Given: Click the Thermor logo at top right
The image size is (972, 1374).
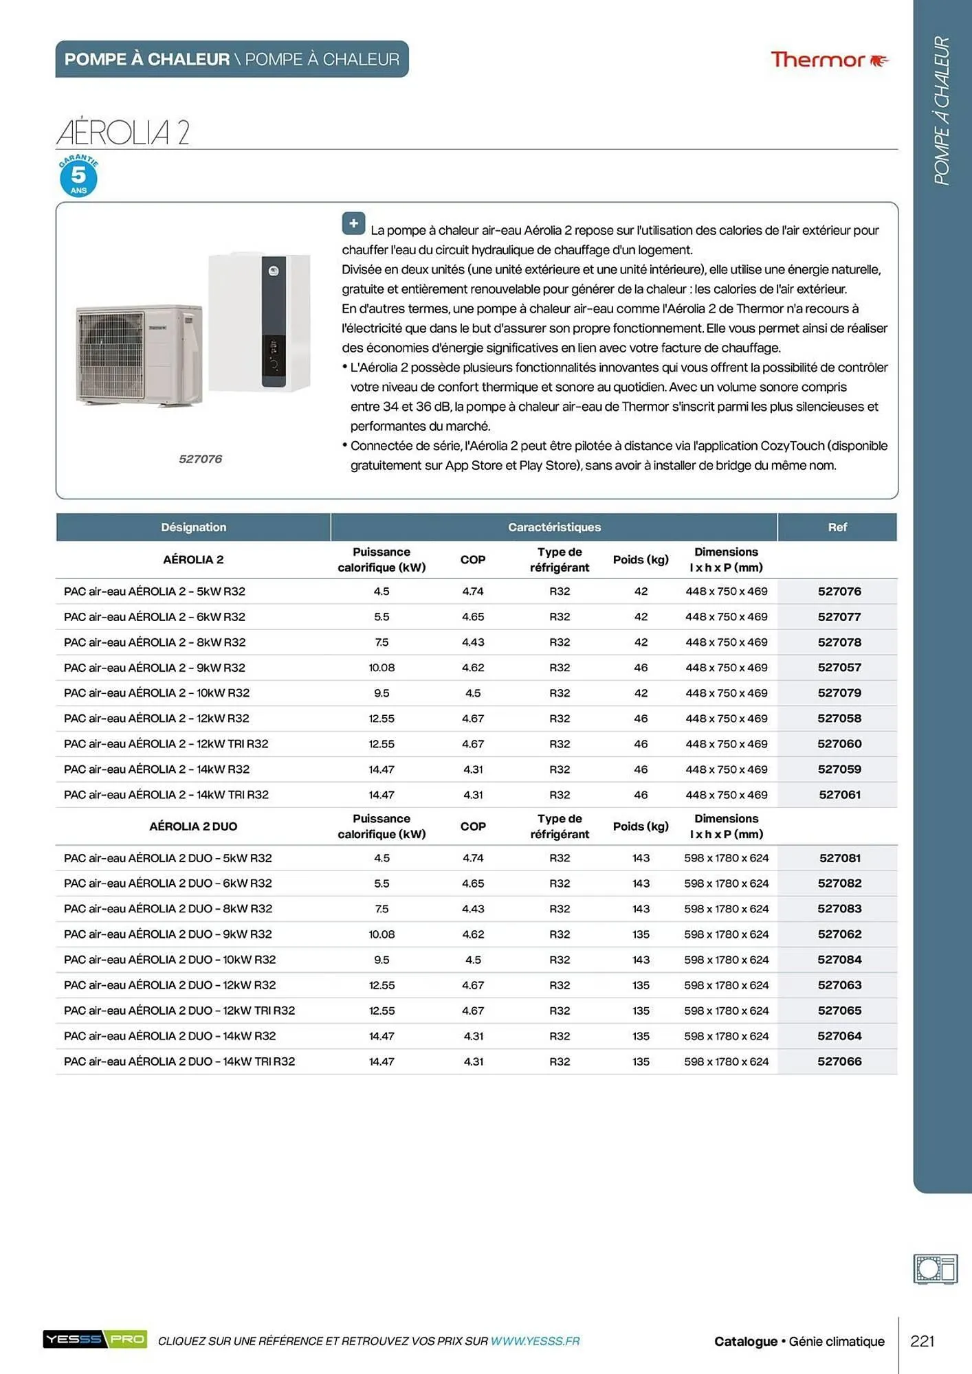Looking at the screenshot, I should click(x=828, y=60).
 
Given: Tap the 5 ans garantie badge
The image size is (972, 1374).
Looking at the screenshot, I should click(x=78, y=177).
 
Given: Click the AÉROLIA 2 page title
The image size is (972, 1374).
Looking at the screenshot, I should click(x=123, y=132).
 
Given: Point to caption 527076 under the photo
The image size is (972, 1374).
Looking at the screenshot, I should click(x=200, y=459).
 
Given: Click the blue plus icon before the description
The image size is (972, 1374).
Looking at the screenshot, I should click(x=353, y=224).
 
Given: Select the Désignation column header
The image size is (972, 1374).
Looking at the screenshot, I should click(x=193, y=527).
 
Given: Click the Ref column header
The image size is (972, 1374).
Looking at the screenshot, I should click(x=837, y=527).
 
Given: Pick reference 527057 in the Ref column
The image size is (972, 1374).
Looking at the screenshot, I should click(x=839, y=668).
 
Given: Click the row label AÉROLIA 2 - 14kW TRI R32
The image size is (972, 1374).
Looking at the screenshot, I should click(x=166, y=795).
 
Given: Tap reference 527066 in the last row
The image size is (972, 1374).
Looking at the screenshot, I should click(x=839, y=1061).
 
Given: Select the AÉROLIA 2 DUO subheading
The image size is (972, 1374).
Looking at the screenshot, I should click(x=193, y=826).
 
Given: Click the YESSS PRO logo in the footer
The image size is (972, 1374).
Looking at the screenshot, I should click(x=95, y=1339).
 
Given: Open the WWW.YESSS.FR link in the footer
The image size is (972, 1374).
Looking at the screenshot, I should click(x=535, y=1341).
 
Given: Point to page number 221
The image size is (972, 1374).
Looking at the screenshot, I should click(x=922, y=1341).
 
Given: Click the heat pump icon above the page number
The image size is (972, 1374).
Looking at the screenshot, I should click(x=935, y=1268).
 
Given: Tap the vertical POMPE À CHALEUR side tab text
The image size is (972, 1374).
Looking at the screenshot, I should click(x=941, y=110).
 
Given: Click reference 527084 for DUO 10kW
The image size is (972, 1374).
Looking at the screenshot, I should click(x=839, y=960).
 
